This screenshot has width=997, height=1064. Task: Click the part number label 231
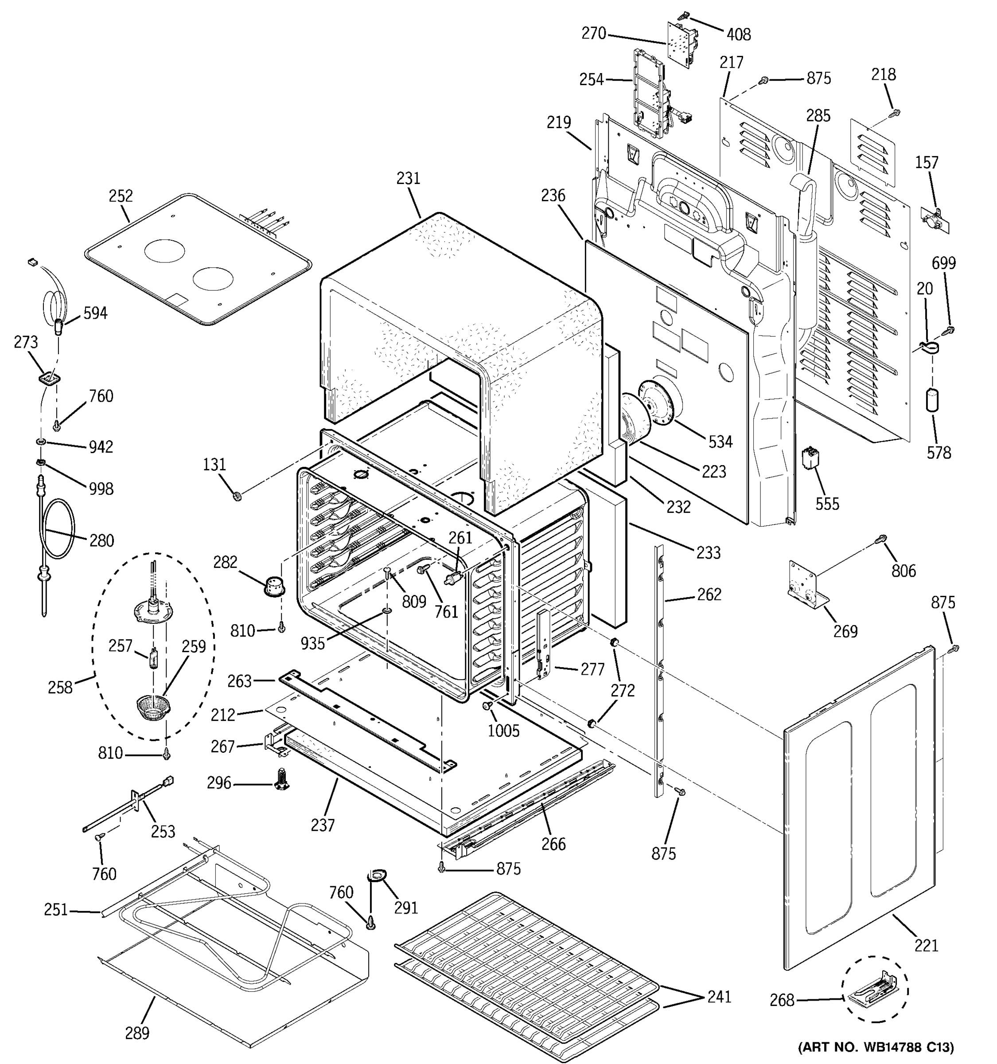pos(408,178)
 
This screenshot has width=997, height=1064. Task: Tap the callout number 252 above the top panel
pos(121,196)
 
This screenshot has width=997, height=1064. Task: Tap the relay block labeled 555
pos(811,459)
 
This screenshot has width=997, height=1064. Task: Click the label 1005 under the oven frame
pos(503,731)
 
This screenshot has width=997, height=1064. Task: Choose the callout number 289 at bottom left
pos(137,1033)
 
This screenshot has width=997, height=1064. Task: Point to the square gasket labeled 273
pos(49,379)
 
